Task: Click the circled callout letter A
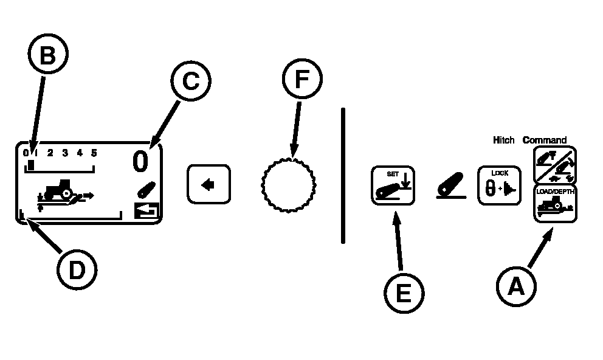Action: pos(516,286)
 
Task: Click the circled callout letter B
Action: pos(48,54)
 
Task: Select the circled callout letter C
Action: pos(191,81)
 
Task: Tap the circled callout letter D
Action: pos(77,269)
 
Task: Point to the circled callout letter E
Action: pos(404,293)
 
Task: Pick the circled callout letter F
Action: pos(302,79)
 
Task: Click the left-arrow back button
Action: pos(209,184)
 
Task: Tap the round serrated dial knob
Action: pos(288,185)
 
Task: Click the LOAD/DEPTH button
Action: pos(556,204)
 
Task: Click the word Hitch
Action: pos(504,140)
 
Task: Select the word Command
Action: pos(545,140)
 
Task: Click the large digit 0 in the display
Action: pos(140,161)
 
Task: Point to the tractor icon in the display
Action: pos(58,189)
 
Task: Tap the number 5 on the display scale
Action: pos(94,153)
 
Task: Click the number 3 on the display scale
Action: pos(65,153)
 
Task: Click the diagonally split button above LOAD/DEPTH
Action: pos(555,165)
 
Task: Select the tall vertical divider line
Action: pos(343,176)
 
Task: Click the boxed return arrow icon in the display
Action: pos(146,211)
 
